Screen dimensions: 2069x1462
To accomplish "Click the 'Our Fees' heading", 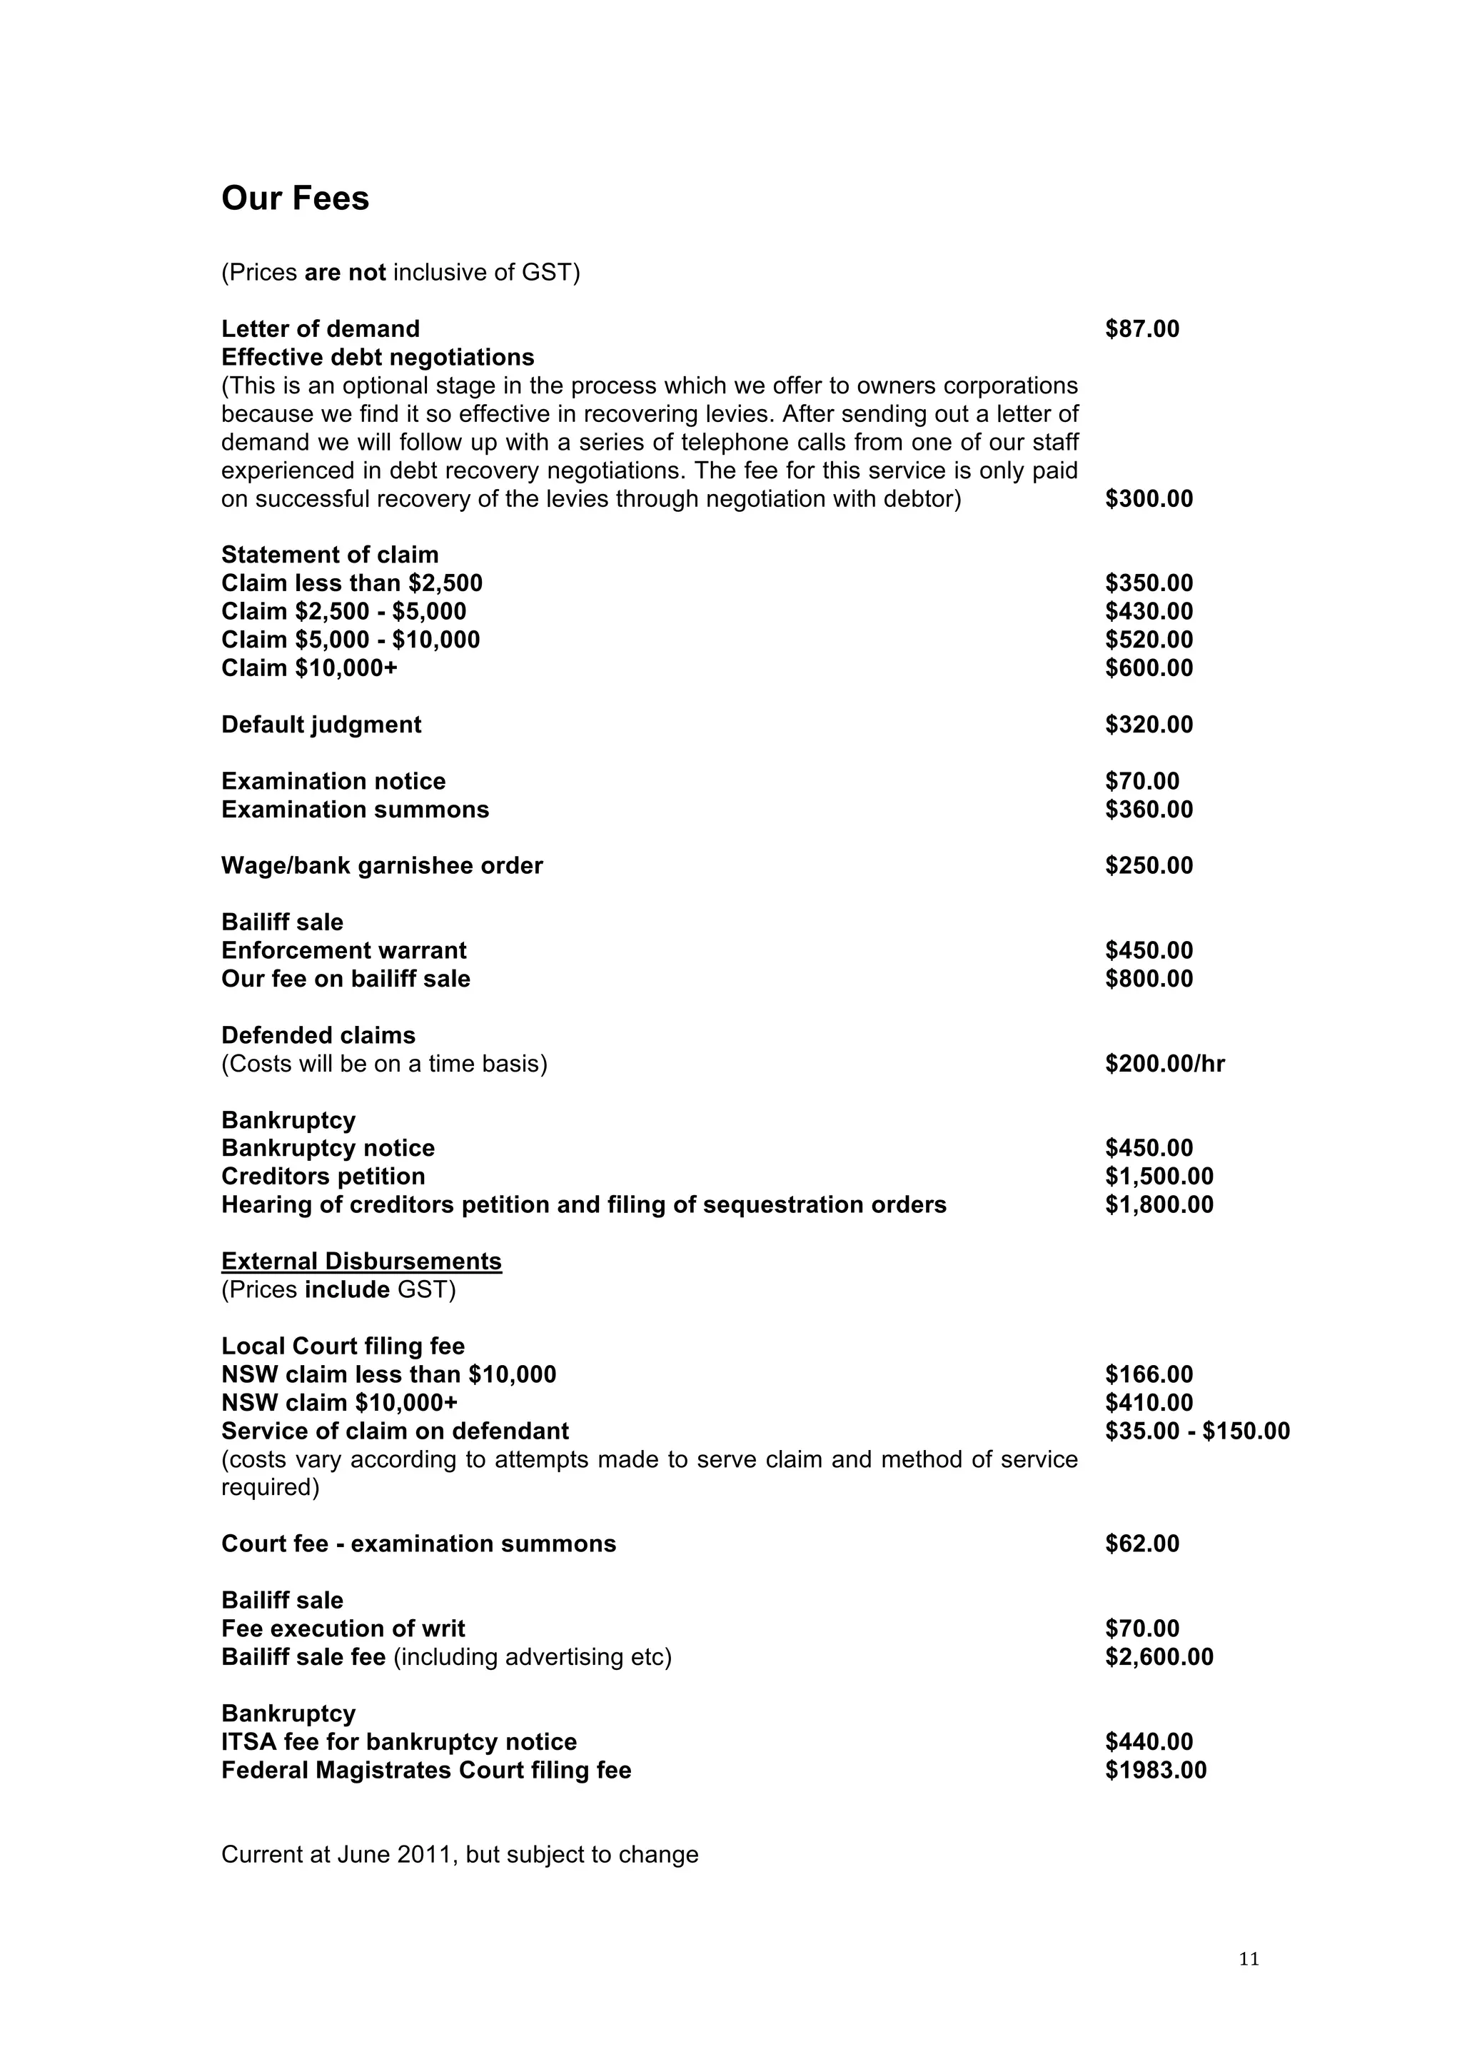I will [x=295, y=199].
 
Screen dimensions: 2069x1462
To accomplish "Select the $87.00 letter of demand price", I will [x=1141, y=329].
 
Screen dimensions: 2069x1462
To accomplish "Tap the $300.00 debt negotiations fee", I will [x=1149, y=499].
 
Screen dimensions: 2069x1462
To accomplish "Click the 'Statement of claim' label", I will [x=330, y=555].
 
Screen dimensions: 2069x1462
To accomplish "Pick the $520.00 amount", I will [x=1149, y=640].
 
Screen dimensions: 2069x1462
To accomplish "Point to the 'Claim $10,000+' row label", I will [x=309, y=669].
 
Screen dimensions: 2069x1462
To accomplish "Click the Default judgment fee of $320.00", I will [x=1149, y=725].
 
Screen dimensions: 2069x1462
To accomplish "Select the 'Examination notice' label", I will [x=333, y=781].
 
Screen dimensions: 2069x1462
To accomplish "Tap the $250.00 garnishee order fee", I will [x=1149, y=866].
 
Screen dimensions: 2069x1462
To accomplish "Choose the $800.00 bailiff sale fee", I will [x=1149, y=980].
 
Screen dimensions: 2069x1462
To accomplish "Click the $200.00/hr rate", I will [x=1165, y=1064].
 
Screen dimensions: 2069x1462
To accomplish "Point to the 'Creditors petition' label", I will [x=323, y=1177].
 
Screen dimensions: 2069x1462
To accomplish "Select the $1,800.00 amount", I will [x=1159, y=1205].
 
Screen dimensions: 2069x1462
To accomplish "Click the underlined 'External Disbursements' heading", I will [x=361, y=1262].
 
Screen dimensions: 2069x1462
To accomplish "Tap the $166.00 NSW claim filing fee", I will [x=1149, y=1374].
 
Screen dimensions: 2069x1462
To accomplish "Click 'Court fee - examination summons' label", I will [x=418, y=1544].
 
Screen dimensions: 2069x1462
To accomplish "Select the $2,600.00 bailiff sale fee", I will [x=1159, y=1657].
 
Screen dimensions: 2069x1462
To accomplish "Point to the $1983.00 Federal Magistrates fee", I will [x=1156, y=1771].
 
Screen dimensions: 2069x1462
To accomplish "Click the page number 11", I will [x=1249, y=1959].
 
